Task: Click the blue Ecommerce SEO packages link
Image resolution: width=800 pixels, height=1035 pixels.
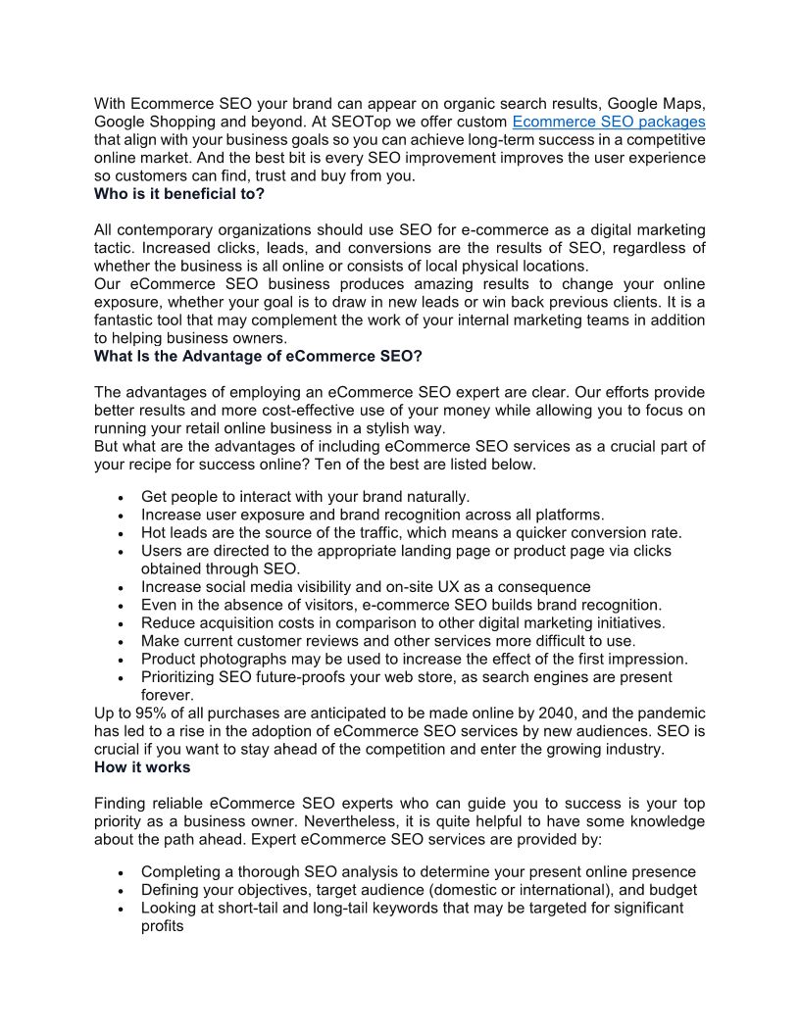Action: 609,122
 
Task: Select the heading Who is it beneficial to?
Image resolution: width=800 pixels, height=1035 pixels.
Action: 179,194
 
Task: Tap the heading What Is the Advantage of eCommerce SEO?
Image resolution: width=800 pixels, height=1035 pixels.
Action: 258,356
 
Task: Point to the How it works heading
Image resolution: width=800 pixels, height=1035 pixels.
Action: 142,767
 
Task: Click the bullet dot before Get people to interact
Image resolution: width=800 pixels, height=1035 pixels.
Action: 120,497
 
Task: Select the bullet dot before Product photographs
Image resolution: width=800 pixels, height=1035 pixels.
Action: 120,660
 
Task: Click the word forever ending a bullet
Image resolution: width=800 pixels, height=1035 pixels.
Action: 169,695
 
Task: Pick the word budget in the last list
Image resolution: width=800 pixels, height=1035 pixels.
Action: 672,890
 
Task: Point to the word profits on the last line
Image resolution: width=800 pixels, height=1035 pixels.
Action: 163,926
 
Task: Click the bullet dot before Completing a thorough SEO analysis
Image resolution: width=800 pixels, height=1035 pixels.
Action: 120,873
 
